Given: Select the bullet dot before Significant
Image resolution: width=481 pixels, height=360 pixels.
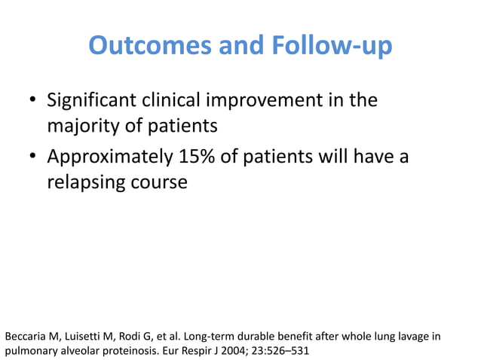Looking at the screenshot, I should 33,102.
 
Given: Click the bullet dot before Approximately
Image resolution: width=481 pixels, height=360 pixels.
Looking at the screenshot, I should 33,159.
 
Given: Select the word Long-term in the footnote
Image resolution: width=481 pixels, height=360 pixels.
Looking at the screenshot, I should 204,335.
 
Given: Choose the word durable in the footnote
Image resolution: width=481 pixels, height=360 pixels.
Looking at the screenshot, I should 255,335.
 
